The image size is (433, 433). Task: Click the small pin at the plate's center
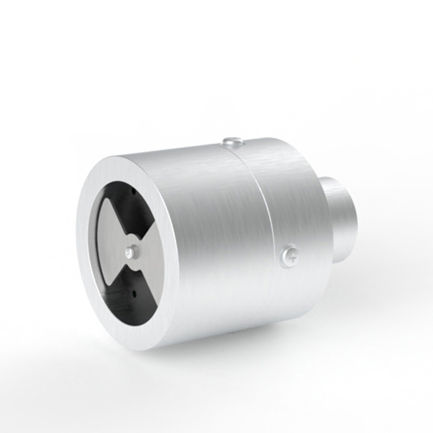tap(130, 251)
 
